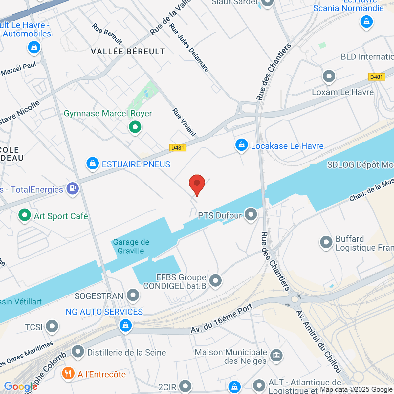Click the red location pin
tap(197, 183)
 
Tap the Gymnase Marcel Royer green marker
tap(135, 127)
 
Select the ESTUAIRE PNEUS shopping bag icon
tap(93, 163)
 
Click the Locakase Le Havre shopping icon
tap(241, 145)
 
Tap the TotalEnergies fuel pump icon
tap(73, 188)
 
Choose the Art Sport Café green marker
tap(24, 215)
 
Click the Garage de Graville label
tap(131, 247)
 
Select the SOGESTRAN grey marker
tap(133, 295)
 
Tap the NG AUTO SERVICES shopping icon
tap(125, 326)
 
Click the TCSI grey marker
tap(52, 326)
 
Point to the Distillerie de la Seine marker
tap(78, 352)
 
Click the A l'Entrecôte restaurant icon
tap(68, 373)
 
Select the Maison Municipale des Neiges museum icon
tap(276, 355)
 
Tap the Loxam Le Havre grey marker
tap(329, 77)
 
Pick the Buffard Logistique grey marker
tap(326, 243)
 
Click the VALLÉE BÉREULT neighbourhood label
tap(128, 52)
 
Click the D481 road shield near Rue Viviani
tap(178, 148)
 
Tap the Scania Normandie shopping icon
tap(366, 22)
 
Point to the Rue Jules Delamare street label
tap(189, 48)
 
